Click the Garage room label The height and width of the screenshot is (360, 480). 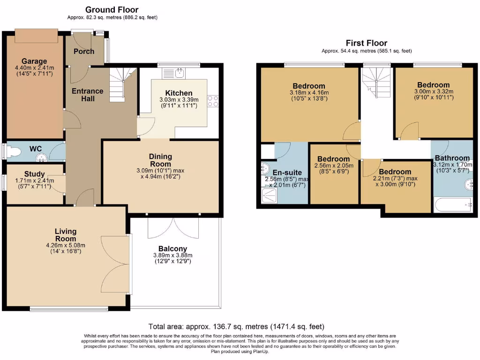tap(34, 61)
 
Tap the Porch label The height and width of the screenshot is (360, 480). tap(84, 51)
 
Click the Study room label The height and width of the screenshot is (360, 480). tap(34, 174)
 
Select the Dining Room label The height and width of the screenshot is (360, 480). tap(160, 160)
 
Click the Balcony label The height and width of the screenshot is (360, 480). tap(172, 248)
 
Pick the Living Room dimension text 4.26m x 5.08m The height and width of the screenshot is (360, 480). tap(66, 245)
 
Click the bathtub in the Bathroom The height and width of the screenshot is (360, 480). tap(452, 205)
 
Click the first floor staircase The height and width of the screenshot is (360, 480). tap(376, 80)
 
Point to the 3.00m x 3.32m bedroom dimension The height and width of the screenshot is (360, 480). tap(434, 91)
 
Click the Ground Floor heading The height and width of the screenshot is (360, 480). tap(112, 10)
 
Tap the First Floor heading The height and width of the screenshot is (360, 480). tap(367, 43)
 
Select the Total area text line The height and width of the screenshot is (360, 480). tap(236, 327)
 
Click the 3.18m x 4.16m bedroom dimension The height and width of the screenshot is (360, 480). tap(309, 92)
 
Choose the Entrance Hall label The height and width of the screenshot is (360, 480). tap(88, 95)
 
